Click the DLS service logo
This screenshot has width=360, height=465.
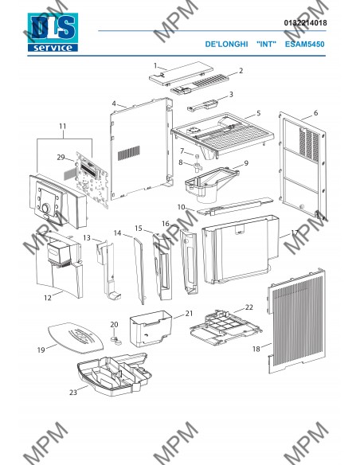(x=53, y=33)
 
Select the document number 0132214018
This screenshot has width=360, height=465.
(x=305, y=23)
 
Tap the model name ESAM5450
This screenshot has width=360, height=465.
(x=304, y=44)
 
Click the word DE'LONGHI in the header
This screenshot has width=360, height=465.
(x=226, y=44)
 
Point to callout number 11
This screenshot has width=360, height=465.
(x=63, y=127)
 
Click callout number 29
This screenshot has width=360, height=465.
(x=61, y=157)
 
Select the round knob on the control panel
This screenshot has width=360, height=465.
(x=45, y=208)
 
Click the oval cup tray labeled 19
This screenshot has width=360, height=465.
(x=76, y=338)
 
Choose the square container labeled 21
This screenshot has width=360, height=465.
(x=151, y=329)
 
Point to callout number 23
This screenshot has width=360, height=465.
(x=73, y=393)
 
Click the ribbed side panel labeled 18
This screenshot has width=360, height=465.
(x=296, y=321)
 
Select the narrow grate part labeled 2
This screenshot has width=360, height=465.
(x=200, y=84)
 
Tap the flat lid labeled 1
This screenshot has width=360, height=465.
(x=181, y=73)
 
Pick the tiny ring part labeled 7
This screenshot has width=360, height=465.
(x=196, y=156)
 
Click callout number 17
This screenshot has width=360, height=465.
(x=295, y=233)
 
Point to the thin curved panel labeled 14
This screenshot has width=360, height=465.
(x=139, y=271)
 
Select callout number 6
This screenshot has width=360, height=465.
(x=315, y=113)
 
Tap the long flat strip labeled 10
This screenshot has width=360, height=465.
(x=235, y=206)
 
